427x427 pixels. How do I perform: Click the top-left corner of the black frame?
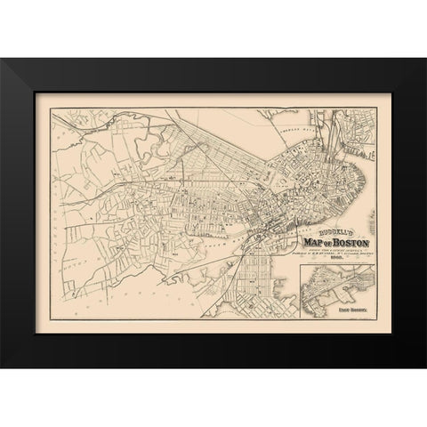(x=2, y=60)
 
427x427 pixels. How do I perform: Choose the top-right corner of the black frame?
(x=425, y=60)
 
